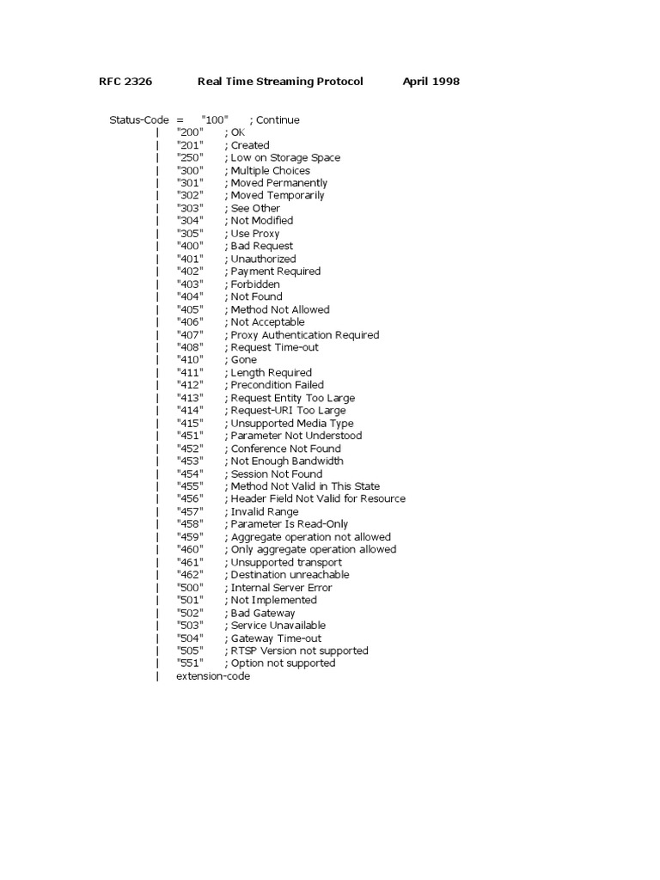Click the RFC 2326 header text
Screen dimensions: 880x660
125,82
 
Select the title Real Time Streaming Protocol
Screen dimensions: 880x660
280,82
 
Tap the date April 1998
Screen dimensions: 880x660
431,82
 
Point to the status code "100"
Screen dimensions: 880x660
215,119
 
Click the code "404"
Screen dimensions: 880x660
191,296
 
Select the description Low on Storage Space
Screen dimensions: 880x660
284,157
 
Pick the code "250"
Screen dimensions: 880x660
191,157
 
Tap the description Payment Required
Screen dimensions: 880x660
275,272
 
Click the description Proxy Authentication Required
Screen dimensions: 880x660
304,335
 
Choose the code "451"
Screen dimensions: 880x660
191,436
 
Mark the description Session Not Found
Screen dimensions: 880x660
276,474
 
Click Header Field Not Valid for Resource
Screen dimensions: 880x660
317,499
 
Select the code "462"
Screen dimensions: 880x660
191,575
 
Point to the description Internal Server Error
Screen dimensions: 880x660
281,588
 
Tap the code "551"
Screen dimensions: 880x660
191,663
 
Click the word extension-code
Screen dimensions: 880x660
213,676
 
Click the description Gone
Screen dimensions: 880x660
245,360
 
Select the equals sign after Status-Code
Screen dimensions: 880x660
180,119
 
